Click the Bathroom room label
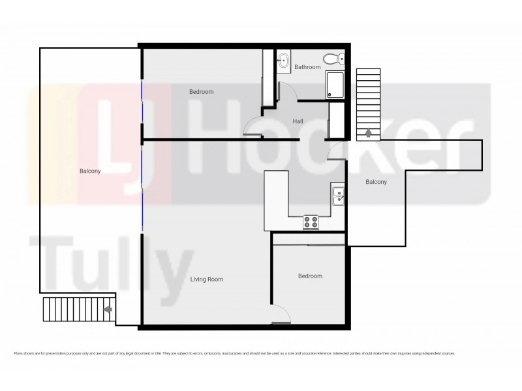coord(307,67)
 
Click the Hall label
coord(298,121)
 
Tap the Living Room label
coord(206,280)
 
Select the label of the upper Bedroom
coord(201,92)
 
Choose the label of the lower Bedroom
coord(310,276)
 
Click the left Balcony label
coord(88,171)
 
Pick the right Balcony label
coord(376,182)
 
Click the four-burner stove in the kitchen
coord(311,222)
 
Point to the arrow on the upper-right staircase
coord(369,133)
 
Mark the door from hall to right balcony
coord(335,151)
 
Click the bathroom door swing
coord(287,92)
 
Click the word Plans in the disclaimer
coord(18,353)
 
